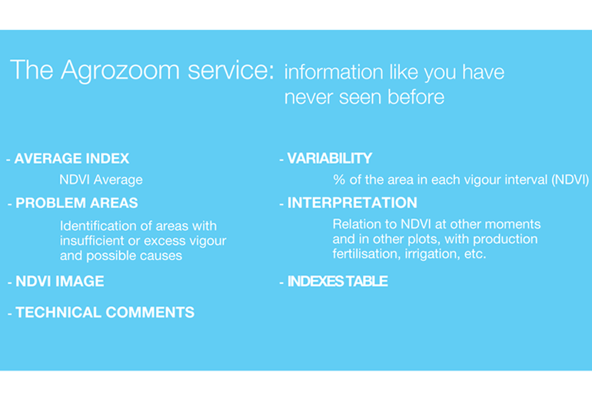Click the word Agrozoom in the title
[120, 71]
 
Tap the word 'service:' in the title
[231, 70]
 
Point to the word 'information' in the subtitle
[334, 71]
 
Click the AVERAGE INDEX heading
[72, 159]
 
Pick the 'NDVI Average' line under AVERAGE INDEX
[101, 180]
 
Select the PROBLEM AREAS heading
[77, 203]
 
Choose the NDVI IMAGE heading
[60, 282]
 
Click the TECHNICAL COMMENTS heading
[105, 312]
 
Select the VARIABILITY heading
[330, 159]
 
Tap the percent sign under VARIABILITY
[339, 180]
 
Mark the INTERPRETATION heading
[352, 203]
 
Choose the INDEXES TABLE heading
[338, 282]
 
